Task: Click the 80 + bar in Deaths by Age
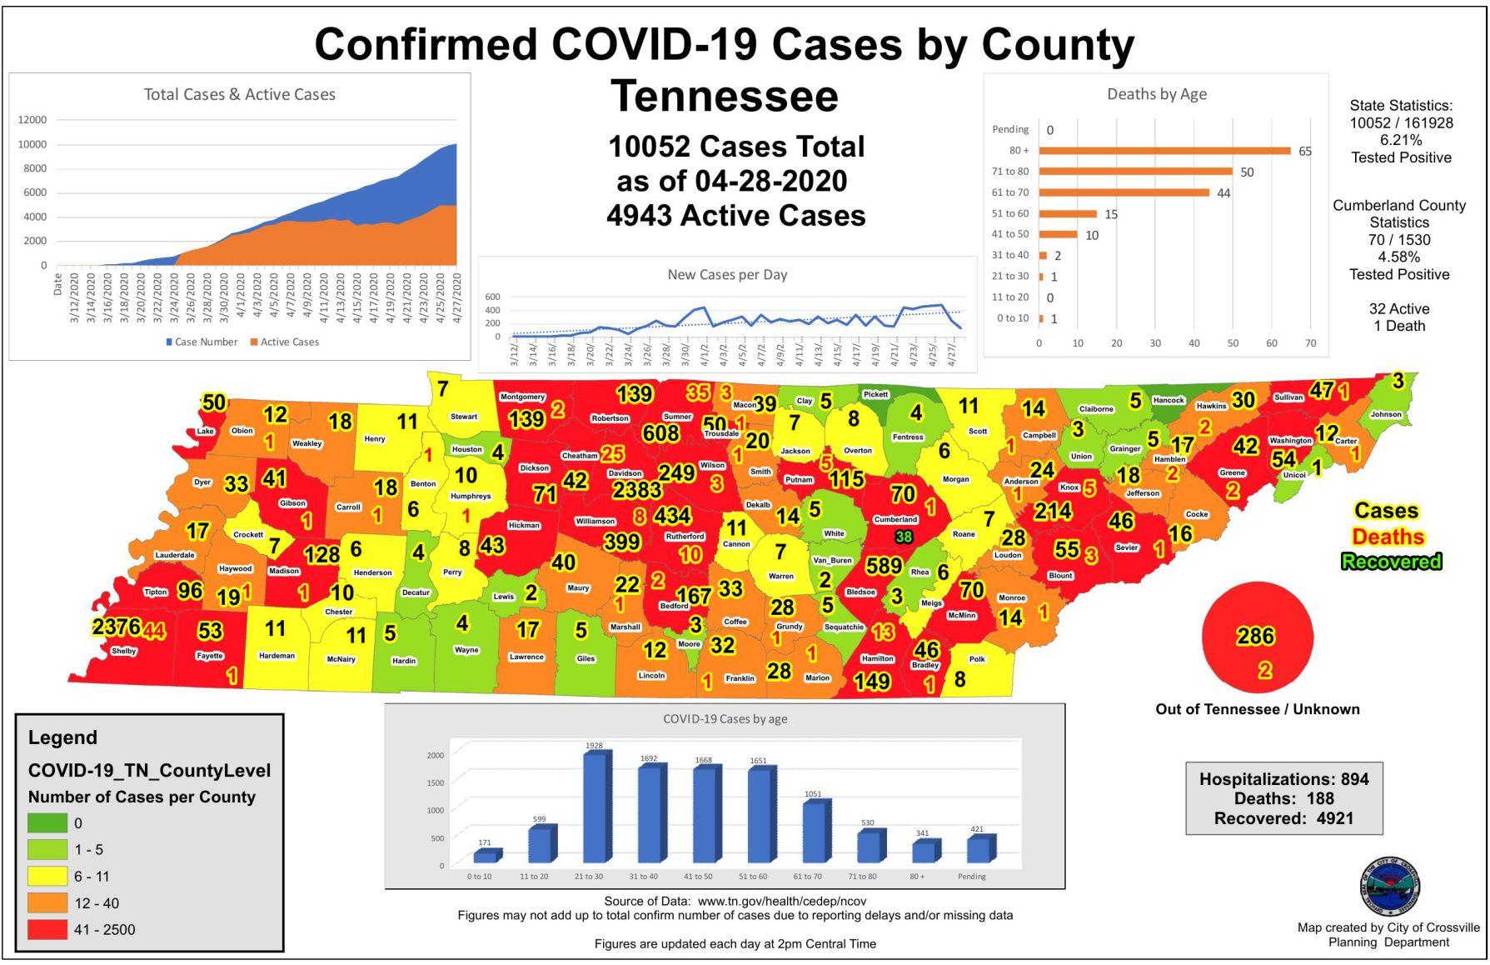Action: pyautogui.click(x=1164, y=151)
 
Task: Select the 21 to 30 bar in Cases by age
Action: pyautogui.click(x=594, y=808)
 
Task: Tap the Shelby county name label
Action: pyautogui.click(x=123, y=651)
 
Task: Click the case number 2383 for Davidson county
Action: pyautogui.click(x=637, y=490)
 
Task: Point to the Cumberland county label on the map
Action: pyautogui.click(x=895, y=519)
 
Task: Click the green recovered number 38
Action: pyautogui.click(x=904, y=537)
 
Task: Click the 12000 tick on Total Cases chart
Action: pyautogui.click(x=32, y=120)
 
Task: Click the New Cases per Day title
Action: pyautogui.click(x=727, y=274)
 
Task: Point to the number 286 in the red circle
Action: pyautogui.click(x=1255, y=637)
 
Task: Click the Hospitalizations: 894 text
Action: pyautogui.click(x=1283, y=779)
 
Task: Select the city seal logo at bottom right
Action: pyautogui.click(x=1389, y=887)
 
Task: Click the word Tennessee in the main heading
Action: pyautogui.click(x=724, y=96)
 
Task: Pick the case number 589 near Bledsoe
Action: pyautogui.click(x=883, y=566)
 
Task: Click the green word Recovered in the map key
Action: pyautogui.click(x=1390, y=562)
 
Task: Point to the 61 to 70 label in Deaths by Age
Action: pyautogui.click(x=1010, y=192)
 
